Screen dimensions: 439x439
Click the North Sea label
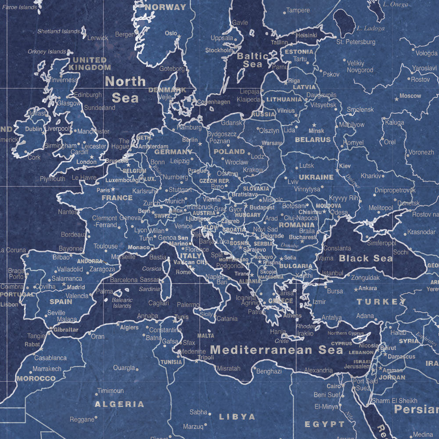[126, 89]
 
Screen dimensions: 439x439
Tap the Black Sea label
[366, 259]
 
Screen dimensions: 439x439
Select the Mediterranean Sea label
[276, 350]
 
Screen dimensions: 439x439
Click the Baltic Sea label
[252, 60]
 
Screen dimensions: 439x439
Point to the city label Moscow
[410, 96]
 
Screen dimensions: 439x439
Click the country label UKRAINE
[316, 177]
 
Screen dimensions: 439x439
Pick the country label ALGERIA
[119, 404]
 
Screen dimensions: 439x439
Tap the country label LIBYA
[237, 416]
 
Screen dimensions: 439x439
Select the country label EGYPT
[325, 424]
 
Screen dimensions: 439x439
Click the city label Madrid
[76, 287]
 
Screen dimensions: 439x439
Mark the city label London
[86, 162]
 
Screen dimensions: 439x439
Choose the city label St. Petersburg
[356, 42]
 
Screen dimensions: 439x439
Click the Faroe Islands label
[19, 7]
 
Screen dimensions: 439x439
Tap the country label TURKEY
[381, 302]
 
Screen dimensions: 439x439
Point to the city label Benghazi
[269, 371]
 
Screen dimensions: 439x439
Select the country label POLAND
[229, 151]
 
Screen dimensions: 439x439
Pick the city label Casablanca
[50, 358]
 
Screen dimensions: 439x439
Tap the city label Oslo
[171, 33]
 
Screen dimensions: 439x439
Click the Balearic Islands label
[122, 303]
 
